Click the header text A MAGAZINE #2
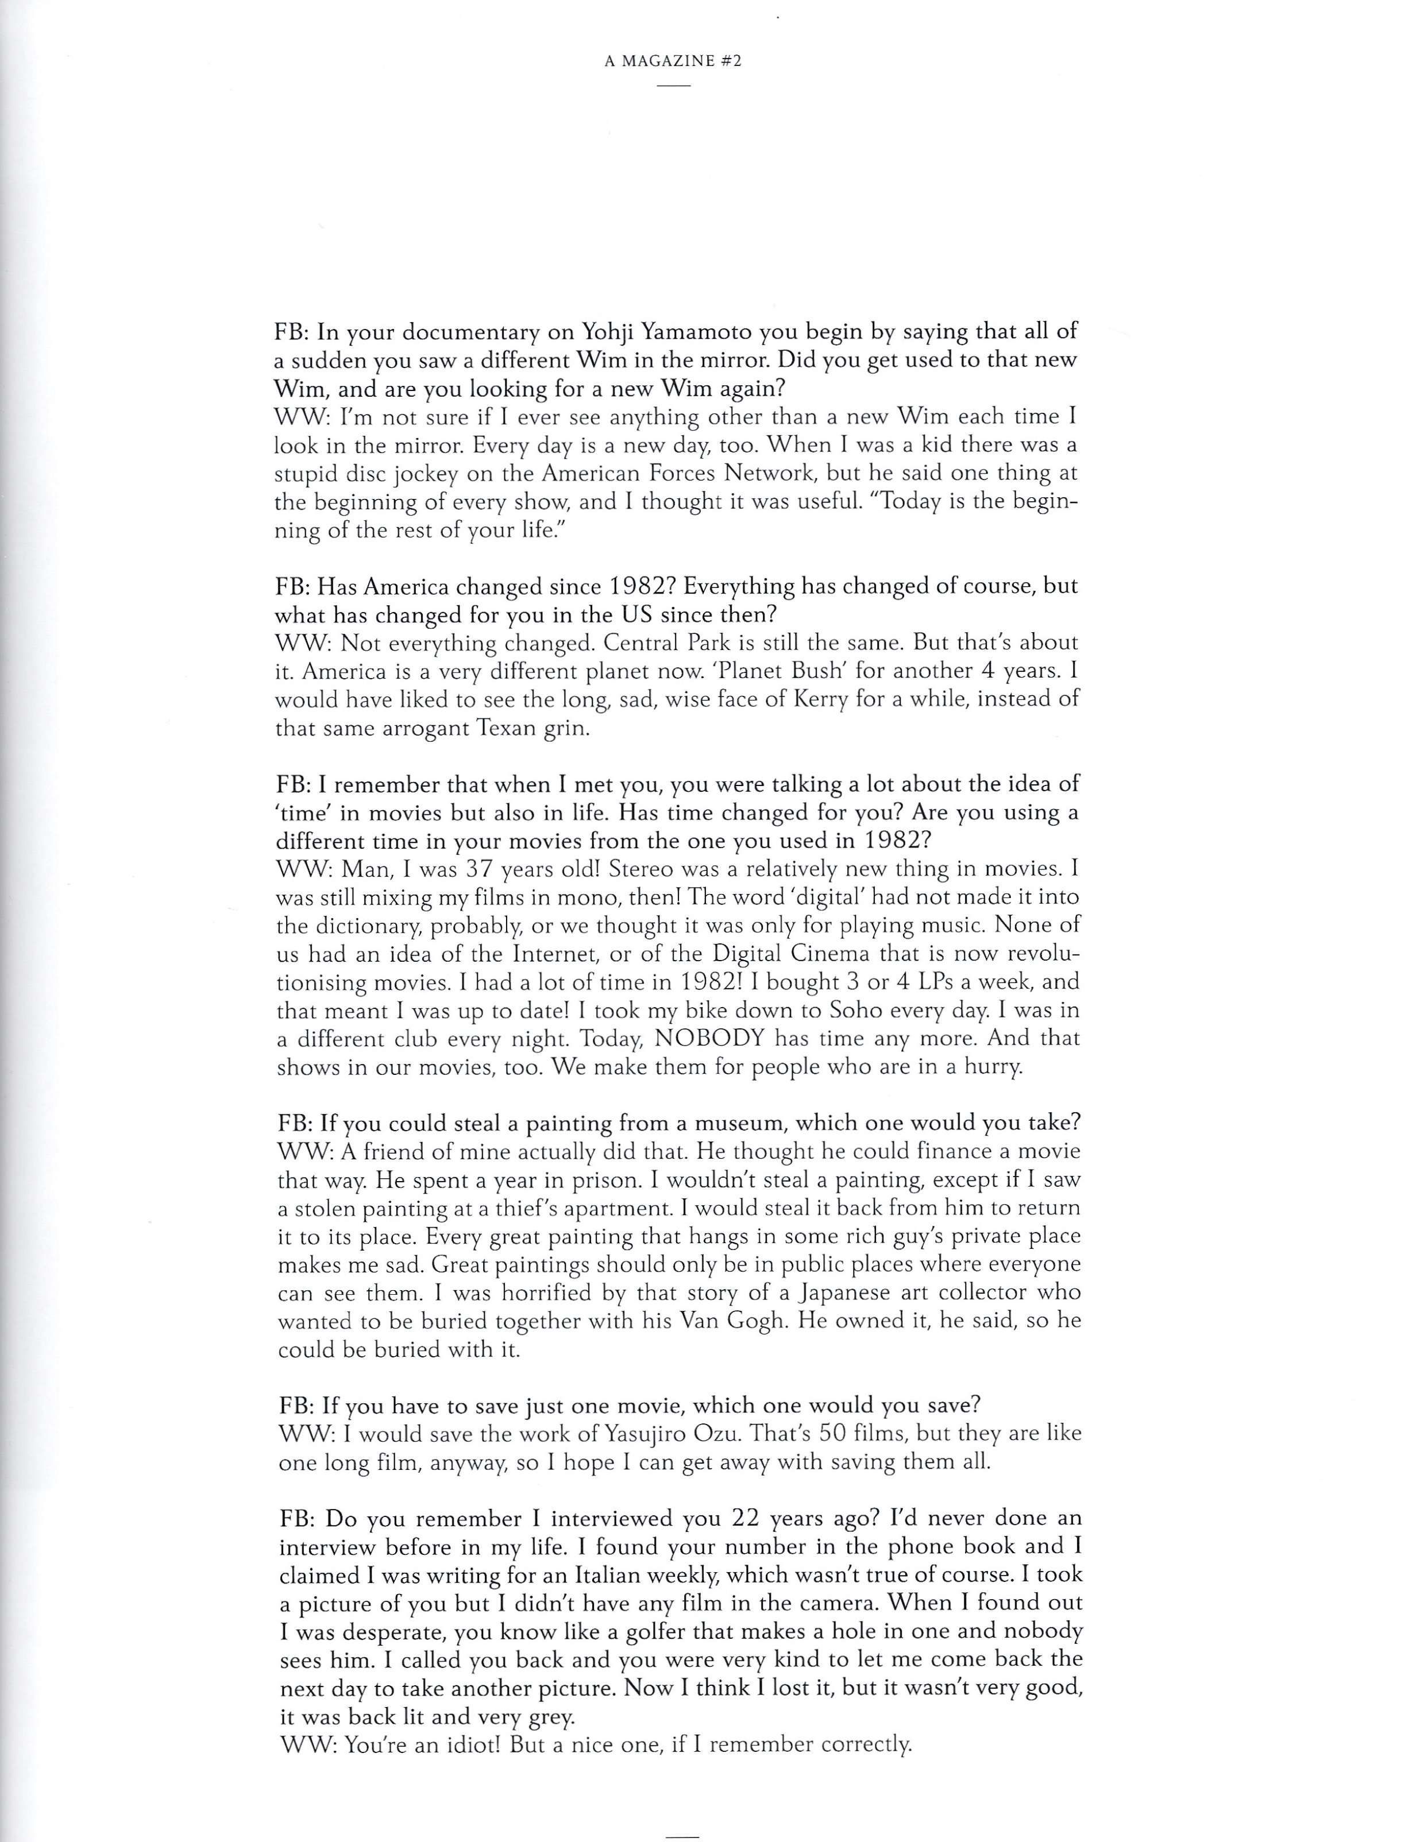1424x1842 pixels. [x=673, y=63]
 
